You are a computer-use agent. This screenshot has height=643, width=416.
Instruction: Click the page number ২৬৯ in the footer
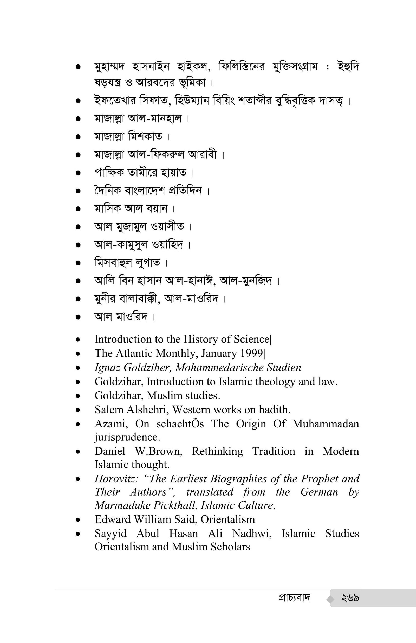coord(350,598)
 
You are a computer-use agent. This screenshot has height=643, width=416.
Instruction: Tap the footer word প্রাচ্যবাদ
coord(294,598)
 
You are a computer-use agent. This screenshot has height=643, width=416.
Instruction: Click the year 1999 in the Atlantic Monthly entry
coord(253,353)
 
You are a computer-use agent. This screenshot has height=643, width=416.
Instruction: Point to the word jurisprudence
coord(127,437)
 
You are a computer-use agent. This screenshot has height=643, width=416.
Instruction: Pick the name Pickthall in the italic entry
coord(172,505)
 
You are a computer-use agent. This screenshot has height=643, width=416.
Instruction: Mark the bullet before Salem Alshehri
coord(78,410)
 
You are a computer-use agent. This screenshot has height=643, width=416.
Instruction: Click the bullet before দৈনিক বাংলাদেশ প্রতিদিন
coord(78,191)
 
